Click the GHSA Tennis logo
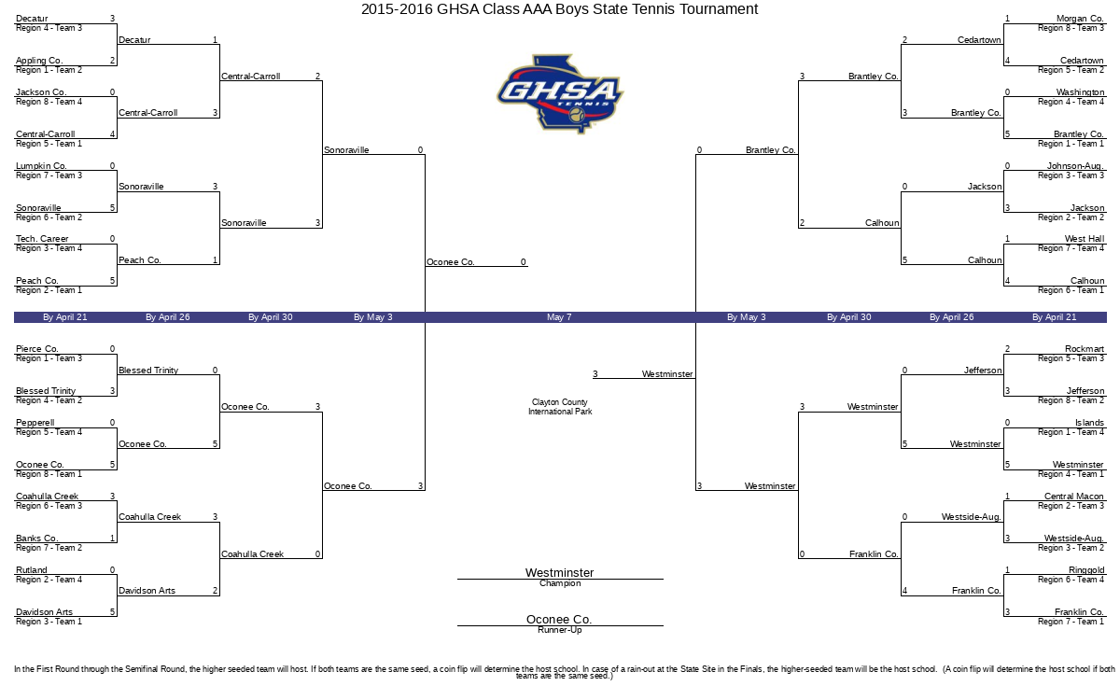tap(560, 92)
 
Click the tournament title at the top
tap(560, 9)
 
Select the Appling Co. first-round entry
tap(39, 61)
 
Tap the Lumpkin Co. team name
tap(41, 166)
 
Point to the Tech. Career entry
tap(42, 239)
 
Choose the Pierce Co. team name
tap(37, 349)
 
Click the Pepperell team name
tap(36, 423)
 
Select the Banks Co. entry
tap(37, 539)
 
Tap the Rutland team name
tap(33, 570)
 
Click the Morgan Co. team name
tap(1080, 19)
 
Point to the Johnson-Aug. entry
tap(1075, 166)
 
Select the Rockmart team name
tap(1084, 349)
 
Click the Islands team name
tap(1089, 423)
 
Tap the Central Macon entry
tap(1073, 497)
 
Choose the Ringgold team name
tap(1086, 570)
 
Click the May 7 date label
tap(559, 317)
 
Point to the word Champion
tap(560, 583)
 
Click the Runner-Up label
tap(560, 630)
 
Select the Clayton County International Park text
tap(560, 407)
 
